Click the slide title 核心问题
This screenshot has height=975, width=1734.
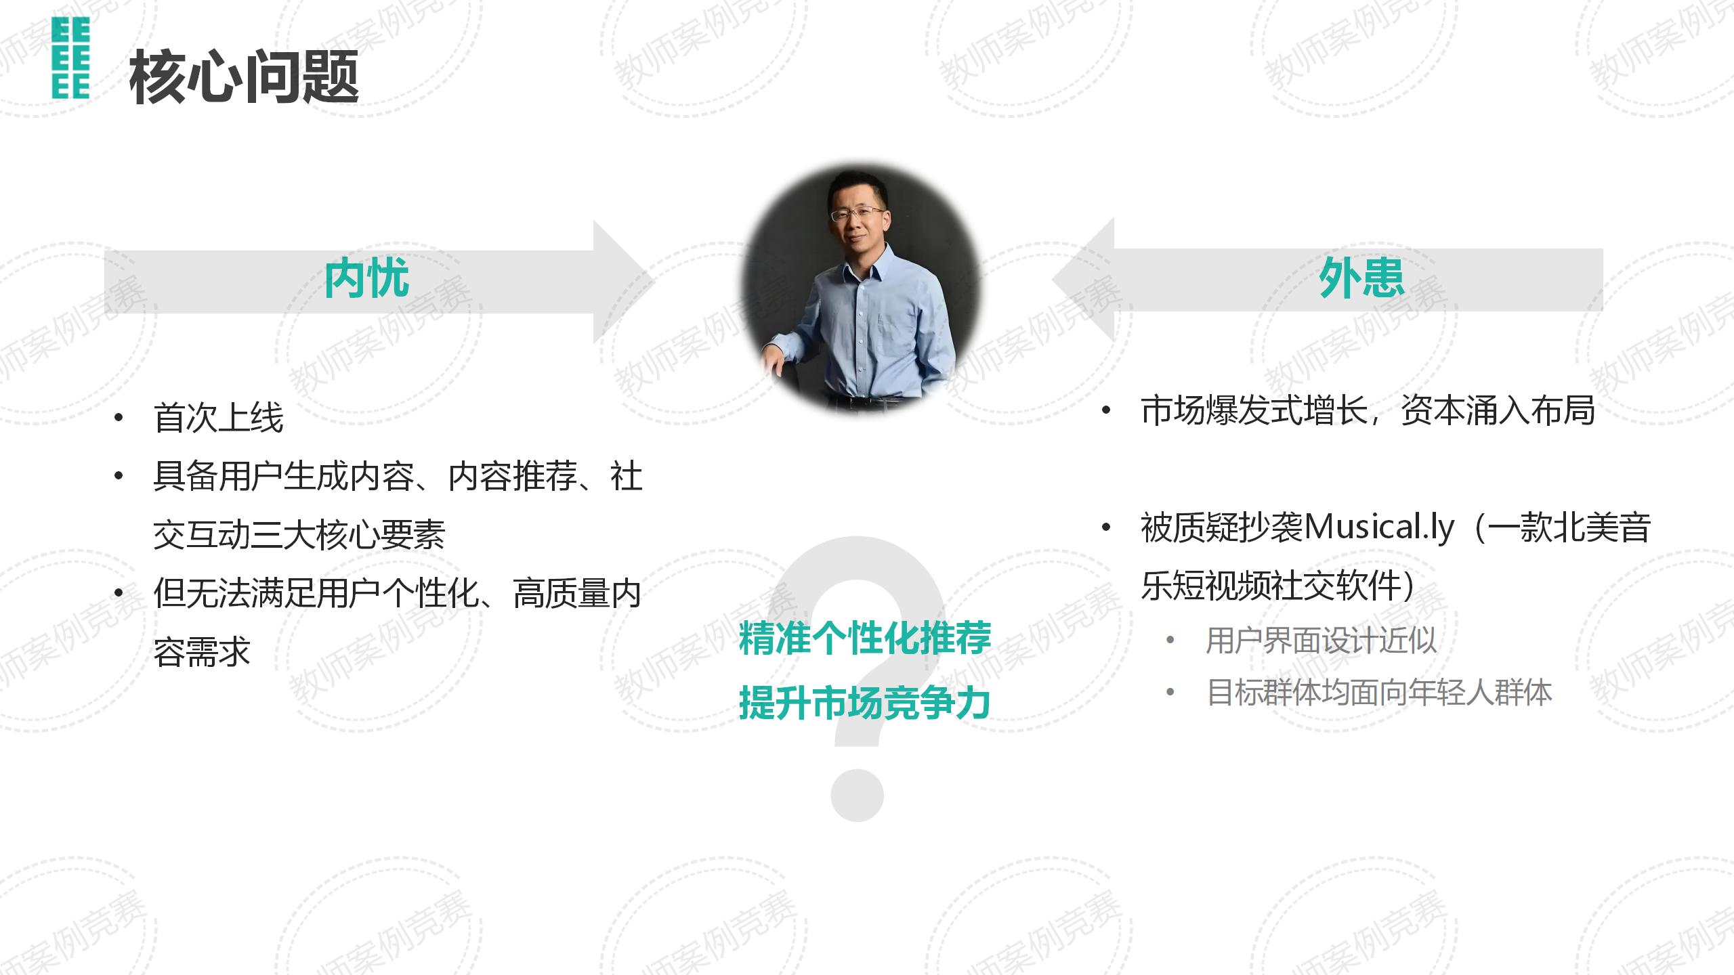coord(244,77)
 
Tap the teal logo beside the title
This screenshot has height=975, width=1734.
coord(70,59)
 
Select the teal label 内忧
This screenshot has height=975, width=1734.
coord(366,278)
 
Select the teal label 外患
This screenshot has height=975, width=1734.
coord(1361,278)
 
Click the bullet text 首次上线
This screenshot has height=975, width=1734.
coord(219,417)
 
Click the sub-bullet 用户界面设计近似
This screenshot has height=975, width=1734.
coord(1321,640)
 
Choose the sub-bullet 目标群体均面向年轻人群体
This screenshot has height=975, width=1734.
coord(1379,692)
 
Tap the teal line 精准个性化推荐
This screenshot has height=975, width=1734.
coord(865,638)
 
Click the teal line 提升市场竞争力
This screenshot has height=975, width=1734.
coord(865,702)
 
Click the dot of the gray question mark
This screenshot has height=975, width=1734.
coord(857,795)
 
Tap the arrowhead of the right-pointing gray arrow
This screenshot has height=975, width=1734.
coord(624,282)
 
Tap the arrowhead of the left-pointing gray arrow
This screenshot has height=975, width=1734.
coord(1082,280)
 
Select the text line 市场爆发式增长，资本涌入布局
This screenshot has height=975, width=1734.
coord(1368,410)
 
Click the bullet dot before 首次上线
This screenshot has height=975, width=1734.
coord(119,418)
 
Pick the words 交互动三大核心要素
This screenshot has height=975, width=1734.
coord(299,535)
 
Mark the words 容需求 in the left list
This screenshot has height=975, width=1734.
coord(202,652)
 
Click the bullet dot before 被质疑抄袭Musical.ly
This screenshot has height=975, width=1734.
coord(1106,527)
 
